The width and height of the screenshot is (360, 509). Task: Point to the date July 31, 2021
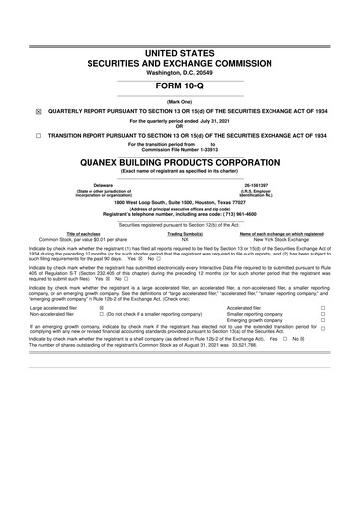coord(219,121)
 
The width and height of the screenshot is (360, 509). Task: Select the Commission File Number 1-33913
coord(205,150)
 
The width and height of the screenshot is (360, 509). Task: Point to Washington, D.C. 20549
coord(180,45)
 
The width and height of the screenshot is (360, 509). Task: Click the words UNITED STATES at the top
coord(180,23)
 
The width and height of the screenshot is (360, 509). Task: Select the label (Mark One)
coord(180,102)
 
